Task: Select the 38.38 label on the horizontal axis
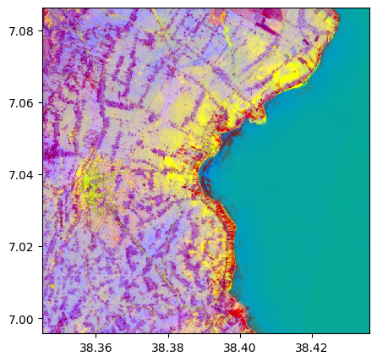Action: coord(167,347)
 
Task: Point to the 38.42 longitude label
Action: coord(311,347)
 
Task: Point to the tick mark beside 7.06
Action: coord(41,103)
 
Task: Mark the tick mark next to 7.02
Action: coord(41,247)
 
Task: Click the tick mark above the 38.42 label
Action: coord(311,335)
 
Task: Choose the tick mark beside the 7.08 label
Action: coord(41,31)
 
